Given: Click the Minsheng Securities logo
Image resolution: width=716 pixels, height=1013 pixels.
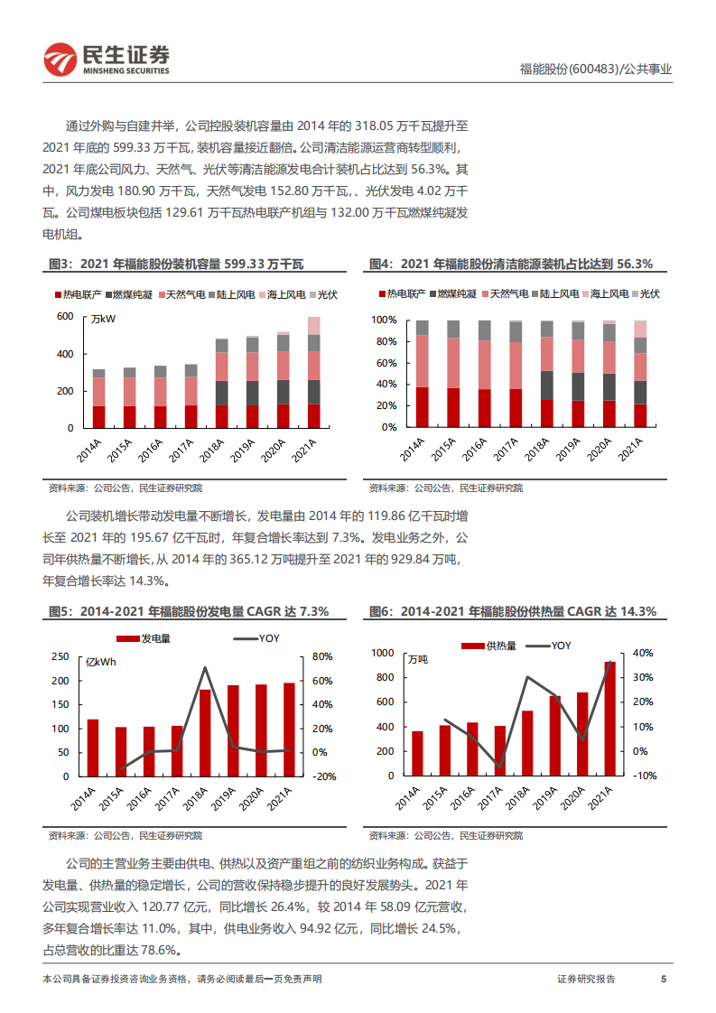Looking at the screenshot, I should [x=107, y=59].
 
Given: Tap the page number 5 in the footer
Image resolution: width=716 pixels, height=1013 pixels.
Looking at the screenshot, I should [x=664, y=979].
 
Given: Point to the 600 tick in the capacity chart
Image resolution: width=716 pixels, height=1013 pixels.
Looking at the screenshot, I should [x=65, y=317].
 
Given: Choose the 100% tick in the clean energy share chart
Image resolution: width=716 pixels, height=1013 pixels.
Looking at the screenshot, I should [x=386, y=321].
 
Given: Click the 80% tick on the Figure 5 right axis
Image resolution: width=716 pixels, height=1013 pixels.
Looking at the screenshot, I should [x=323, y=656].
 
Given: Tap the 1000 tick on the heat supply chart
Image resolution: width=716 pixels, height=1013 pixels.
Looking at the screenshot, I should [x=383, y=653].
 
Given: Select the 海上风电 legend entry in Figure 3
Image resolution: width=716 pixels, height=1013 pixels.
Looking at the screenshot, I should [x=282, y=294].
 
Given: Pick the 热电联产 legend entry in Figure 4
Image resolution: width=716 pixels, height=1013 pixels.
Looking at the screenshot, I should [x=401, y=294].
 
